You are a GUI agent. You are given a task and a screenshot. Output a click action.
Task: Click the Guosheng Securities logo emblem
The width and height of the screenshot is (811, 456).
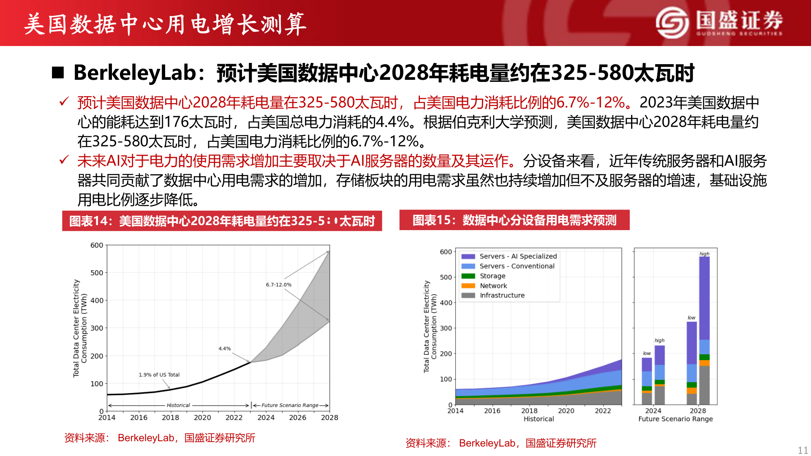click(x=672, y=22)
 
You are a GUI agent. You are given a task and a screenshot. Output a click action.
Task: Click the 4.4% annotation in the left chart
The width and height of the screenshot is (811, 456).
click(x=224, y=349)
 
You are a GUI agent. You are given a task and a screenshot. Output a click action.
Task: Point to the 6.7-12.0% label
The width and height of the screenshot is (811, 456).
click(x=278, y=285)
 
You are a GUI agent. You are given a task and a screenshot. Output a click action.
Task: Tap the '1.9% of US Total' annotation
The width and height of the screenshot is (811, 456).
click(x=159, y=375)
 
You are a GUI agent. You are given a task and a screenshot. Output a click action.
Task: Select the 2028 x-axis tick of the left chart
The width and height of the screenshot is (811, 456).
click(x=329, y=418)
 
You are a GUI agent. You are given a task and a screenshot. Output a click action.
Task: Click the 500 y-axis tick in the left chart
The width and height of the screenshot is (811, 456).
click(x=97, y=273)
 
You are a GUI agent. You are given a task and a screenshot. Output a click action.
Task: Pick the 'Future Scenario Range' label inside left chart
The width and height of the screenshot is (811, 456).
click(x=290, y=405)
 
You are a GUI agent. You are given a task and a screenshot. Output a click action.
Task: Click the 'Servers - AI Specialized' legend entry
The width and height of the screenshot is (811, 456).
click(x=518, y=256)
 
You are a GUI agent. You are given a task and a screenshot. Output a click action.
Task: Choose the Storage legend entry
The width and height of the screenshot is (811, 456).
click(x=492, y=276)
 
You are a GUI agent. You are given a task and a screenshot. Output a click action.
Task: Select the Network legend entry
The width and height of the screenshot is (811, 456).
click(x=493, y=286)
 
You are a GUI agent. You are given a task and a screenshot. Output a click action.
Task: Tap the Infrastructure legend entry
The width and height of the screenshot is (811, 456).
click(x=502, y=296)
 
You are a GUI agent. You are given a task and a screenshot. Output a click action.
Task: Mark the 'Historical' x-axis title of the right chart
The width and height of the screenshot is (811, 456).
click(x=539, y=419)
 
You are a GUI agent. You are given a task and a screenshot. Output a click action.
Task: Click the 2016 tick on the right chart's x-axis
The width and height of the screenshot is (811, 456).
click(x=492, y=411)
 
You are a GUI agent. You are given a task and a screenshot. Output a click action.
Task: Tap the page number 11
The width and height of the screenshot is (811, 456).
click(x=803, y=450)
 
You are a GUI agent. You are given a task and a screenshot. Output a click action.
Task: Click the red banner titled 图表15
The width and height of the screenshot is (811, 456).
click(x=514, y=220)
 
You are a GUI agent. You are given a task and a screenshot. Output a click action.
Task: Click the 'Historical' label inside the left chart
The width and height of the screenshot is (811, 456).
click(x=178, y=405)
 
